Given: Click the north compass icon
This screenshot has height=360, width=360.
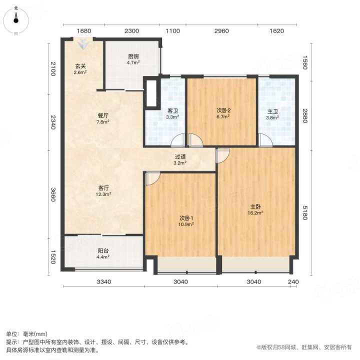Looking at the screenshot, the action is click(16, 20).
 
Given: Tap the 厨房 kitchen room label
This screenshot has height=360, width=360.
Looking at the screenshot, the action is click(133, 59).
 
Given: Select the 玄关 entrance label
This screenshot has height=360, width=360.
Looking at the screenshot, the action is click(80, 69).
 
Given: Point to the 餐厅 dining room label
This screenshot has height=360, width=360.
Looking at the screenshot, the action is click(102, 118).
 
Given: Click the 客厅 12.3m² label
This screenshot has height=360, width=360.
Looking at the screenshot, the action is click(103, 191).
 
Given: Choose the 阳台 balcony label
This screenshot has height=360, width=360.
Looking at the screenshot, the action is click(103, 253).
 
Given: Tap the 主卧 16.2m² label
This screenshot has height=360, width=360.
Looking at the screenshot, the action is click(255, 209).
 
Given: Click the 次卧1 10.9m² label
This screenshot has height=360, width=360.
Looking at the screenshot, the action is click(186, 221).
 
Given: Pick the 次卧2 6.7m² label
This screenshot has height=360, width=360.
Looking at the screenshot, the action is click(223, 113).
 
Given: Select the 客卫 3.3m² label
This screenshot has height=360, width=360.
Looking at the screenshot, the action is click(172, 114).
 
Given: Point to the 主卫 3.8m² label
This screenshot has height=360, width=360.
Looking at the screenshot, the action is click(272, 114).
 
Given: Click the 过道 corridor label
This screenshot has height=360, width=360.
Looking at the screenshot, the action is click(180, 160).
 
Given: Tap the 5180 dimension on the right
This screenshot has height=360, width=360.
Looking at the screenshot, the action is click(304, 213).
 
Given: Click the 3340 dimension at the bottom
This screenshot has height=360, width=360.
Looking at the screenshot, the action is click(104, 281).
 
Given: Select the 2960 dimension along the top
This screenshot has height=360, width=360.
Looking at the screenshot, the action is click(221, 31).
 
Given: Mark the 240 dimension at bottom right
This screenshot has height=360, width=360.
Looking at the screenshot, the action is click(293, 281).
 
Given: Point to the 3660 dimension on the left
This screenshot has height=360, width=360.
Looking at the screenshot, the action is click(53, 194).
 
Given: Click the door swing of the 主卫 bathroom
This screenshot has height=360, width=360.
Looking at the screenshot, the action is click(265, 139).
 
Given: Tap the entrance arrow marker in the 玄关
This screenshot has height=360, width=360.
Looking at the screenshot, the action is click(83, 44).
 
